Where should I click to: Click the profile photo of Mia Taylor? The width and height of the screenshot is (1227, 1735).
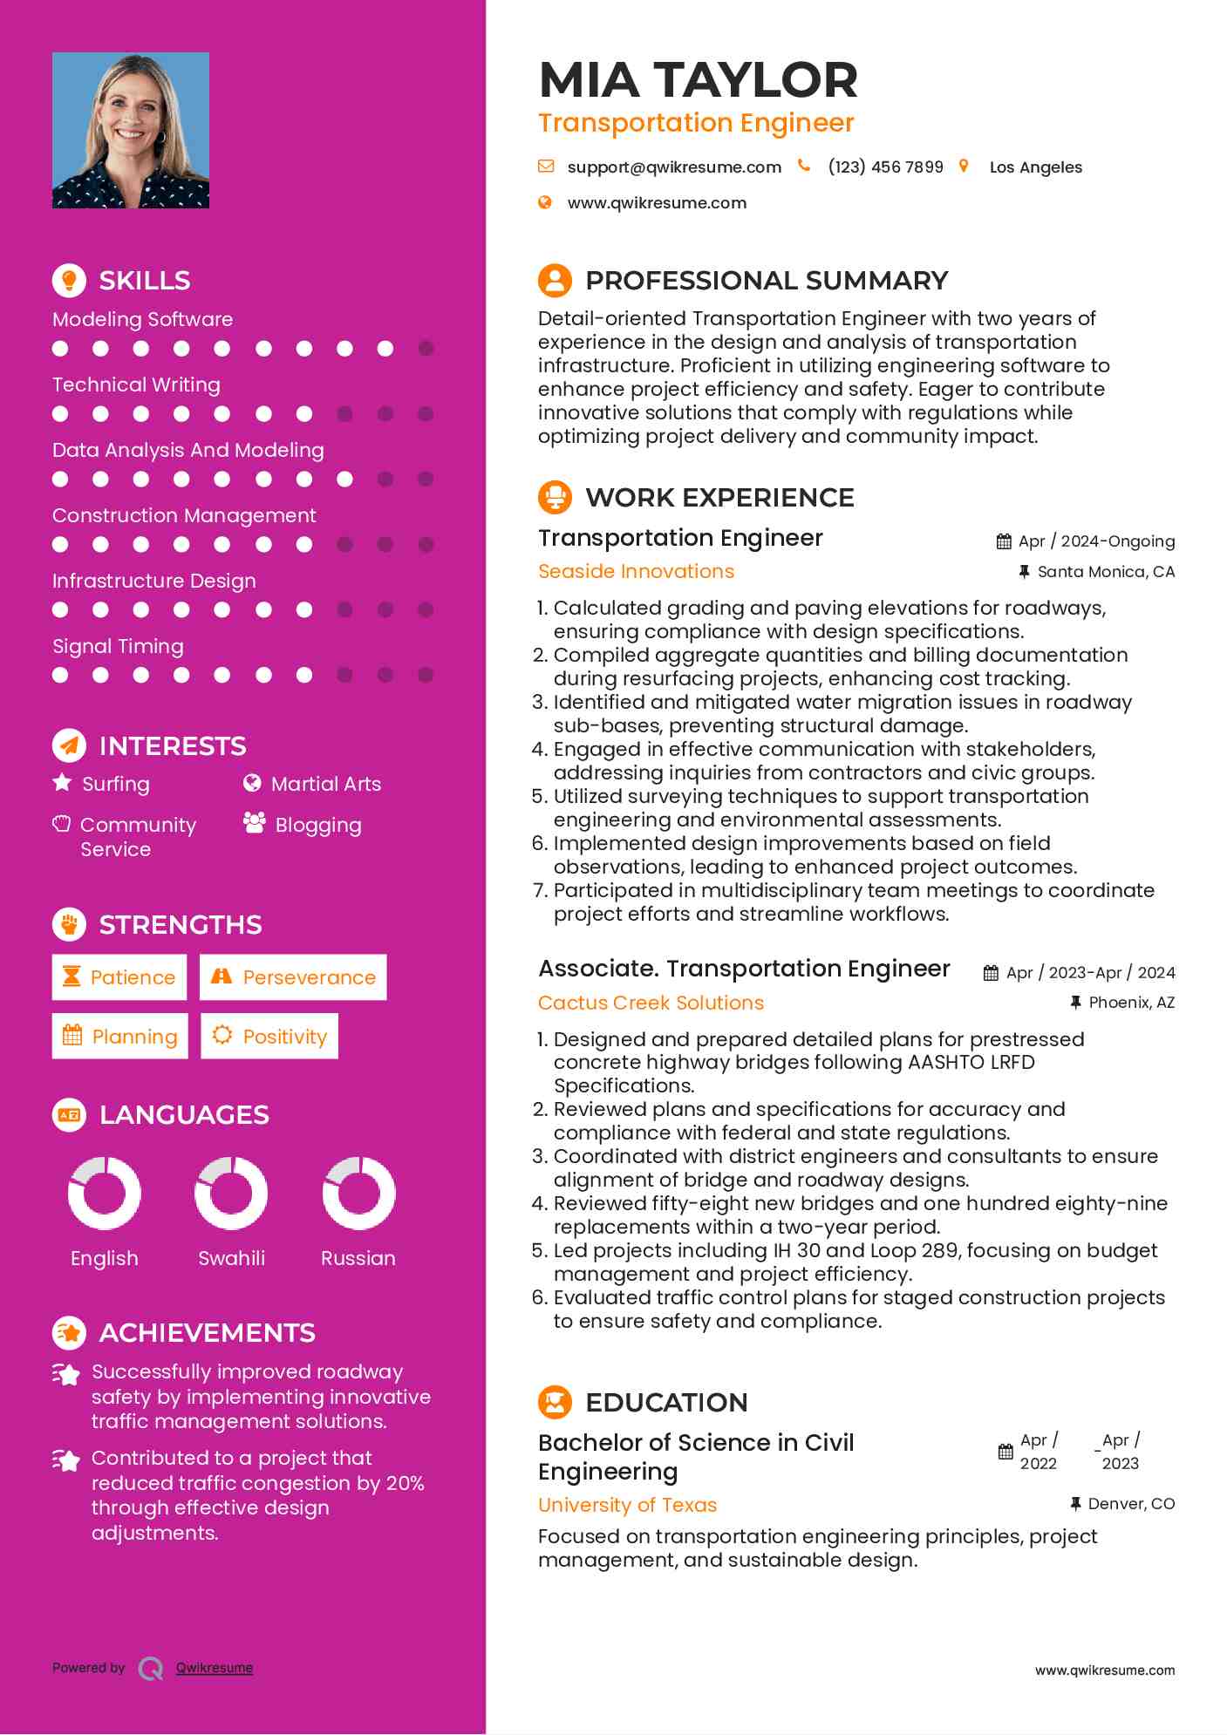tap(131, 130)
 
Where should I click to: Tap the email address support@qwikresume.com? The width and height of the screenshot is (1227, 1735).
tap(673, 167)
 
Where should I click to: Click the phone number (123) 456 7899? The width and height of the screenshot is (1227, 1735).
tap(885, 167)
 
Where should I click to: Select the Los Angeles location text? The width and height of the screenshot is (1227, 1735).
tap(1035, 167)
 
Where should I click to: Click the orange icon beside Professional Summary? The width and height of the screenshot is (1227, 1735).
tap(555, 281)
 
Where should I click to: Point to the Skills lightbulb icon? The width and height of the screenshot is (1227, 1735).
tap(69, 281)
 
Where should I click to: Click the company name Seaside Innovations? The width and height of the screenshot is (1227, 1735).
tap(636, 572)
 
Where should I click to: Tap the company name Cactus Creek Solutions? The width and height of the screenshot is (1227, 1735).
tap(651, 1004)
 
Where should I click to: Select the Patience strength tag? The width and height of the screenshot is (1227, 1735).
tap(119, 977)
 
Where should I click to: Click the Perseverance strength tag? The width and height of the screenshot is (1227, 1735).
tap(293, 977)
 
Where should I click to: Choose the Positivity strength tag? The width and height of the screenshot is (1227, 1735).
tap(269, 1037)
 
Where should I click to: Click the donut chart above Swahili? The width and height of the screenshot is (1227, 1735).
tap(231, 1193)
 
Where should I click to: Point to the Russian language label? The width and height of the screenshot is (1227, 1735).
tap(358, 1259)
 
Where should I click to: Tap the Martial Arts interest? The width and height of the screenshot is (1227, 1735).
tap(325, 785)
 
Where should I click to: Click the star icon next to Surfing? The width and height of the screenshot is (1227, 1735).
tap(62, 783)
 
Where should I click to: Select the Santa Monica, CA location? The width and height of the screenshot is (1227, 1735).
tap(1105, 572)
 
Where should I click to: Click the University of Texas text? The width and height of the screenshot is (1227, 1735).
tap(627, 1506)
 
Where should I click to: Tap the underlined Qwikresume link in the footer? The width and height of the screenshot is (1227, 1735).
tap(215, 1668)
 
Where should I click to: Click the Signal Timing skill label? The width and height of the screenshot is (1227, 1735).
tap(118, 647)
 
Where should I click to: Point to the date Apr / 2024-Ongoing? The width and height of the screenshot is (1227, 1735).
tap(1095, 541)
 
